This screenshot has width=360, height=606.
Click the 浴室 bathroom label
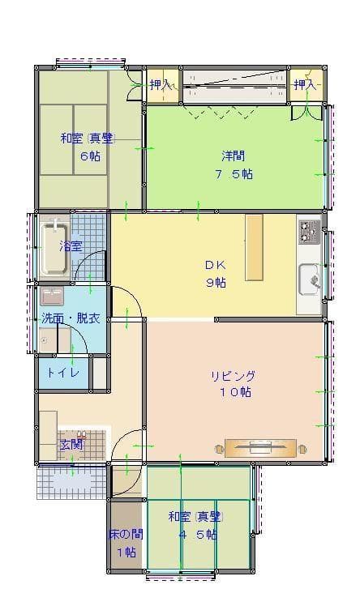click(x=71, y=245)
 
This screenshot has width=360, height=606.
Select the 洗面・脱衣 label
click(x=71, y=318)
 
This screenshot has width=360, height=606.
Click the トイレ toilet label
click(x=62, y=373)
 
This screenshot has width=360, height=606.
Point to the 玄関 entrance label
click(x=71, y=444)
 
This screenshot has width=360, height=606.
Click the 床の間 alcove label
click(x=126, y=535)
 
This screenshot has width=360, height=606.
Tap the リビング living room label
click(x=234, y=376)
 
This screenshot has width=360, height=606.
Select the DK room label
click(x=214, y=265)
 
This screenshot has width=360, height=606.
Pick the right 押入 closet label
click(x=305, y=84)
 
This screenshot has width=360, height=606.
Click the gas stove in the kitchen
click(x=310, y=232)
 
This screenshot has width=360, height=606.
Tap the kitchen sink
click(x=310, y=280)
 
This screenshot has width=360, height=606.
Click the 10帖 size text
click(x=234, y=392)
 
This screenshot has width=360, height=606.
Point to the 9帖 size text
click(x=215, y=283)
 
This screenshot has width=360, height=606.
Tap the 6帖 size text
click(x=89, y=156)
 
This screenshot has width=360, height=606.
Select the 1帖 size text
click(x=126, y=553)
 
